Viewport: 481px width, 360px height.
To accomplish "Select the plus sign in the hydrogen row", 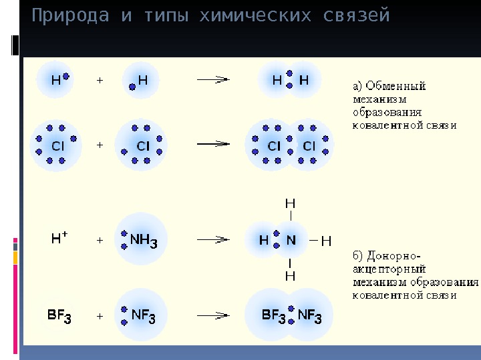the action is [x=100, y=80].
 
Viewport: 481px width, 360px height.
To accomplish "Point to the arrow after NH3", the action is [x=213, y=239].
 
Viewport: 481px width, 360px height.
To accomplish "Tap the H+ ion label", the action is [x=59, y=238].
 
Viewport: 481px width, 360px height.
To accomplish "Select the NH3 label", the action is [x=143, y=240].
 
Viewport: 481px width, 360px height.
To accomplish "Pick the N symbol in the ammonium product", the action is [x=291, y=240].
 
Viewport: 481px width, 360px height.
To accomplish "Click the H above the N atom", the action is [x=291, y=202].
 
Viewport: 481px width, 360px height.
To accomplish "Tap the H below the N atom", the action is [x=291, y=275].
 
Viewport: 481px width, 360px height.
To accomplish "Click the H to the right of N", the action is [x=326, y=240].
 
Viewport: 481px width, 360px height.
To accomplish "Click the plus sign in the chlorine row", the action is [x=100, y=144].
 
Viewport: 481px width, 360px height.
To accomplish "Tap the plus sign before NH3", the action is [x=100, y=240].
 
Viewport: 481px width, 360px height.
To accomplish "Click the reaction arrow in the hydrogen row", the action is [x=213, y=79].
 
